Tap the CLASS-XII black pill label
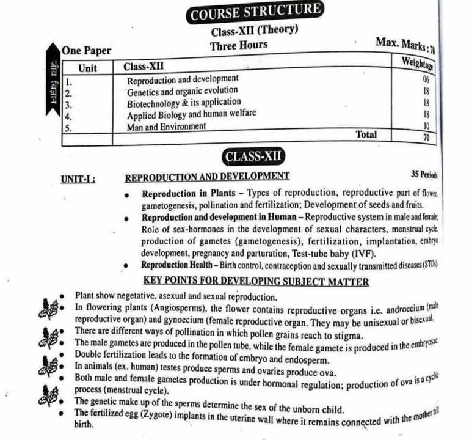point(255,156)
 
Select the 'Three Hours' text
point(239,46)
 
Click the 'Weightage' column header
point(417,62)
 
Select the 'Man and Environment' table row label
point(166,127)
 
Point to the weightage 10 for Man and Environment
point(426,125)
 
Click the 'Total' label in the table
point(366,134)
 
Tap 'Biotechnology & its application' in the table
point(184,103)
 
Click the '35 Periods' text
point(424,174)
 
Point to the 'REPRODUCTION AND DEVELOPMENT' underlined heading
point(207,177)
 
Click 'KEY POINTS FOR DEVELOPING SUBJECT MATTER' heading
point(255,282)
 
